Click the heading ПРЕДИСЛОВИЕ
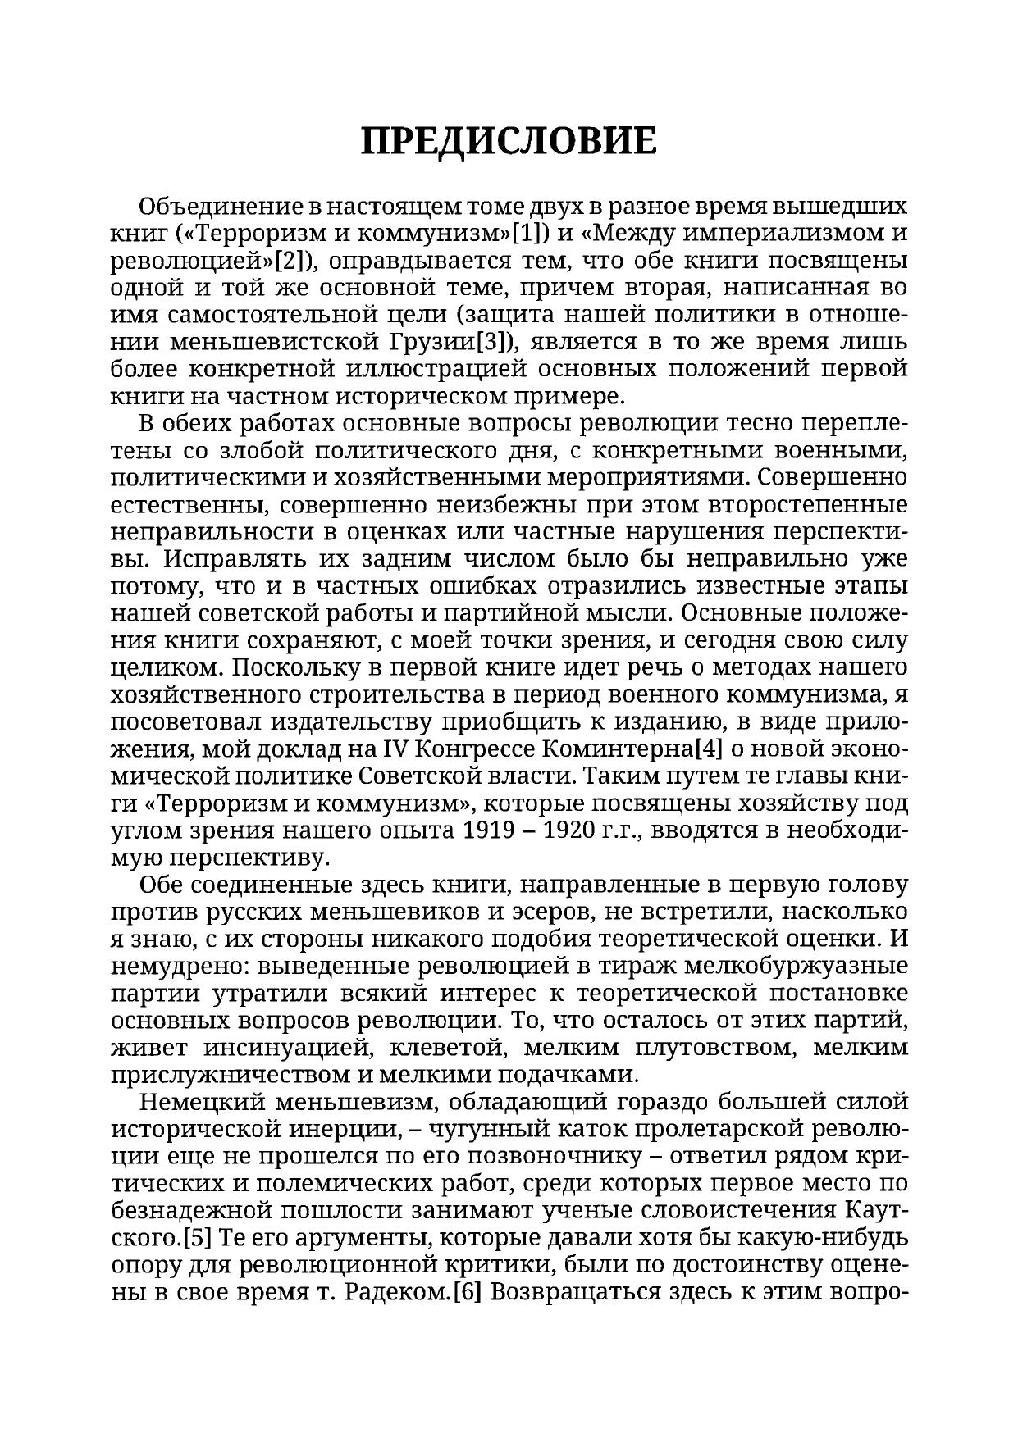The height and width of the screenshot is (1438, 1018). pyautogui.click(x=509, y=141)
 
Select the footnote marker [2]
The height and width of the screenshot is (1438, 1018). pyautogui.click(x=290, y=261)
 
